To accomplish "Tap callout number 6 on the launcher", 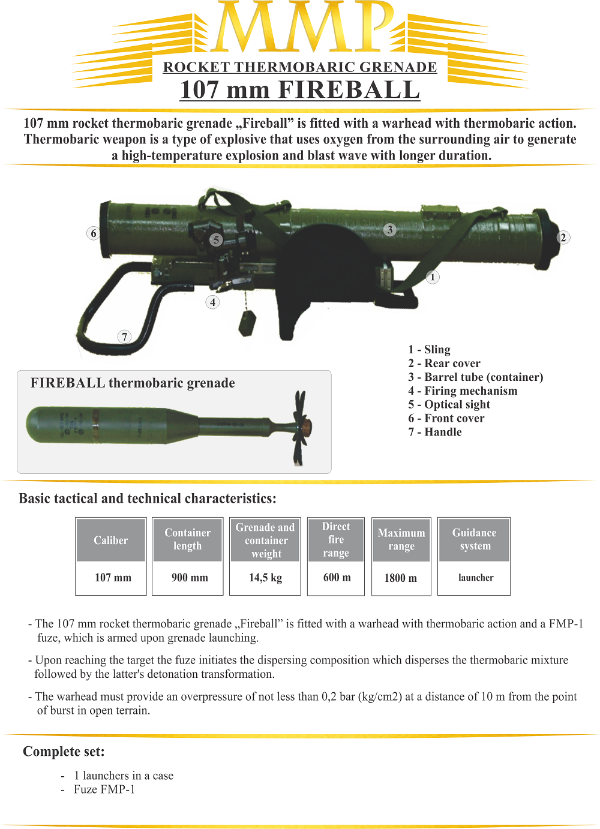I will tap(93, 233).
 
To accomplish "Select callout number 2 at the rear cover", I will tap(563, 238).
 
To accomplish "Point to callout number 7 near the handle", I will tap(124, 336).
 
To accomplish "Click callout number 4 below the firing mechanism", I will tap(212, 302).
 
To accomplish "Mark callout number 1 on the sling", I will tap(433, 277).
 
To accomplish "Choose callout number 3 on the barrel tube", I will tap(390, 230).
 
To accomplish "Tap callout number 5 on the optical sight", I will tap(216, 240).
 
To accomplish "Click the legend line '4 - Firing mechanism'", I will tap(463, 391).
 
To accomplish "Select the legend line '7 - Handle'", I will tap(435, 432).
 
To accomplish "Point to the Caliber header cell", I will tap(111, 540).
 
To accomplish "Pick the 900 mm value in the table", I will tap(190, 578).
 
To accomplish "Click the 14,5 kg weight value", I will tap(265, 578).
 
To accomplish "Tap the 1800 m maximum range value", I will tap(400, 578).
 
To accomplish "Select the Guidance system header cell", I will tap(475, 539).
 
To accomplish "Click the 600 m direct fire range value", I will tap(337, 577).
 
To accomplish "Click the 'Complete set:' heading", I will tap(64, 752).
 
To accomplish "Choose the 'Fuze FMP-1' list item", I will tap(104, 789).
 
